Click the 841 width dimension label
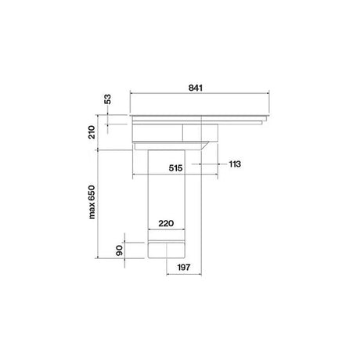click(196, 88)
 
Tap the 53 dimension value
click(107, 99)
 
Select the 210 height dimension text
click(92, 132)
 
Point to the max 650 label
click(92, 202)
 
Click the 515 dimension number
click(175, 168)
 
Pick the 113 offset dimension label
click(235, 164)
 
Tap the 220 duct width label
click(166, 223)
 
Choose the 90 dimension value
click(120, 250)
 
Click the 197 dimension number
click(184, 268)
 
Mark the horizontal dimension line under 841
click(200, 92)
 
